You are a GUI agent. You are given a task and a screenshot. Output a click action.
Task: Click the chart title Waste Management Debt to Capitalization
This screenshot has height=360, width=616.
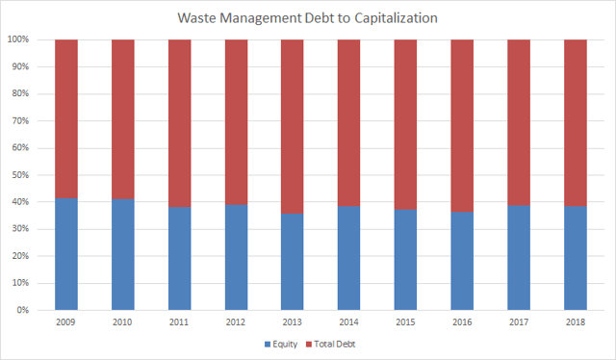pos(308,17)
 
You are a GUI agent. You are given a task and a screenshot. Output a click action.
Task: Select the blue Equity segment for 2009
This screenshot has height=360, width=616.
pos(66,254)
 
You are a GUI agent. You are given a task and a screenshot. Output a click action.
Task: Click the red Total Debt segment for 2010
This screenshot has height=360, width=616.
pos(123,119)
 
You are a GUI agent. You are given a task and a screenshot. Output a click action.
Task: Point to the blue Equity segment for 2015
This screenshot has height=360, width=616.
pos(406,260)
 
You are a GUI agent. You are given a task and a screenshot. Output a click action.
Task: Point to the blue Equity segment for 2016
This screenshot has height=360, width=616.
pos(463,261)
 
